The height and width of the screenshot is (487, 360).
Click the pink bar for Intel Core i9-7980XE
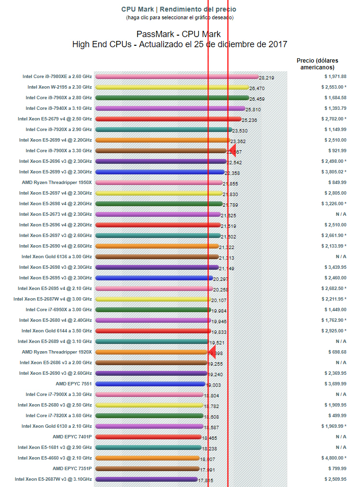click(x=177, y=76)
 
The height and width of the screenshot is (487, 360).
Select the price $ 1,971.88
click(x=335, y=77)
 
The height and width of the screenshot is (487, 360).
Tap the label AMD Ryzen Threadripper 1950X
click(x=57, y=183)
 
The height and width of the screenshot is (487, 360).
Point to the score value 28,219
click(x=266, y=78)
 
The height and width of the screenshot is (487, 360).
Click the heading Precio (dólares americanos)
click(x=317, y=64)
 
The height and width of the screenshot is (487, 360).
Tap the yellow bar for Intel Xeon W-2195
click(x=172, y=87)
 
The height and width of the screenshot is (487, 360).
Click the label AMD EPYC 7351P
click(x=72, y=469)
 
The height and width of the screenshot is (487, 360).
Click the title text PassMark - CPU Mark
click(x=179, y=34)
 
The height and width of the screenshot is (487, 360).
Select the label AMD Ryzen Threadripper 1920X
click(x=57, y=352)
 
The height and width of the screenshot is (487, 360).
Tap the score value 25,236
click(x=249, y=120)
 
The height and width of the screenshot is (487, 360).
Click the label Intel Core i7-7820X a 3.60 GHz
click(x=59, y=416)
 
